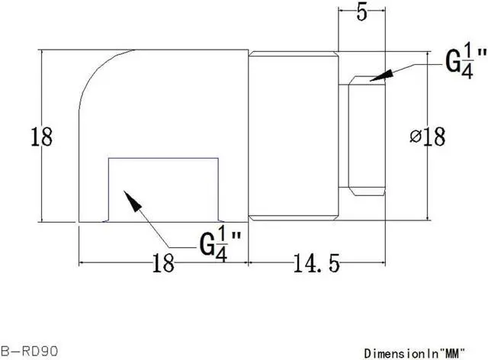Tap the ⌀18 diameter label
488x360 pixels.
[x=428, y=137]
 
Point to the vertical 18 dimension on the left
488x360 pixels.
[x=41, y=137]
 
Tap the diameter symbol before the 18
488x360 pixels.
[x=416, y=137]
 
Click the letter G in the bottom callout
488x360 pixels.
[x=207, y=246]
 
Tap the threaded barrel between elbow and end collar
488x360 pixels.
[x=293, y=137]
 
